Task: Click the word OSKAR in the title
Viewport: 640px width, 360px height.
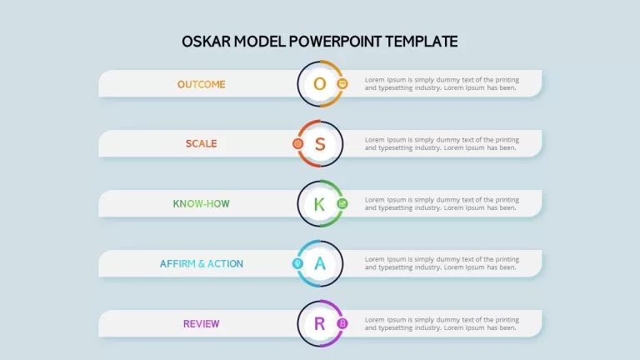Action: pos(206,42)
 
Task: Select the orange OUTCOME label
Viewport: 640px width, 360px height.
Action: pos(201,84)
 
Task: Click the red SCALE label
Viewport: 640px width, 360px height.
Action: pos(201,143)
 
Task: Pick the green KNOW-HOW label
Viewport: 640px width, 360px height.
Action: pos(201,203)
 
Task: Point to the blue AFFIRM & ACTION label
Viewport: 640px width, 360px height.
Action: pos(201,263)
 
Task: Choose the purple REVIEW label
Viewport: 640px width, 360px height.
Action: pos(201,323)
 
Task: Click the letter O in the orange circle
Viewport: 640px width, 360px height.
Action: pos(320,84)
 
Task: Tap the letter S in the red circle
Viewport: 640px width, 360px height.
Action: pos(320,144)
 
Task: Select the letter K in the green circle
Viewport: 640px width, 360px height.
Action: pos(320,204)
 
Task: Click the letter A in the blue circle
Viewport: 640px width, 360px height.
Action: pos(320,263)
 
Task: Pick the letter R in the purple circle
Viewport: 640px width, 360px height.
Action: pos(320,323)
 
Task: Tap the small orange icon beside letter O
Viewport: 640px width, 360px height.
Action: pos(342,83)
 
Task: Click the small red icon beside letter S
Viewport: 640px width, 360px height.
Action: pos(298,143)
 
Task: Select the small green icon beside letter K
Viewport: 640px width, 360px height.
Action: pos(342,203)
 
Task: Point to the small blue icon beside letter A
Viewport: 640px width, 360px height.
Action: pos(297,263)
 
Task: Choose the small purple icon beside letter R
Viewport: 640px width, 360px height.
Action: pos(342,323)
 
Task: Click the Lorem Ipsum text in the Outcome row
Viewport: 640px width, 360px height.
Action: pos(442,83)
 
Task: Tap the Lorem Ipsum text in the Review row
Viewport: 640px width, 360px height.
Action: pos(442,323)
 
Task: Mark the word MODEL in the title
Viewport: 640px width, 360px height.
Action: pos(260,42)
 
